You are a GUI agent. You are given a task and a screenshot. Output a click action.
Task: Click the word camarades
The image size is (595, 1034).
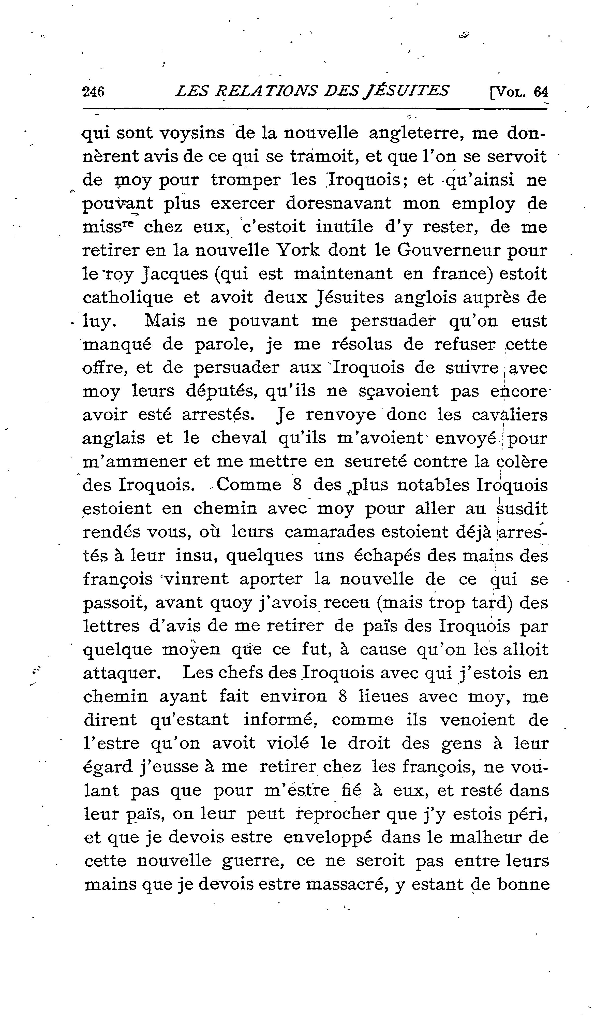coord(327,532)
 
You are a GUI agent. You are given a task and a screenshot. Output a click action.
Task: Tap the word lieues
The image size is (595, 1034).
coord(383,697)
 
